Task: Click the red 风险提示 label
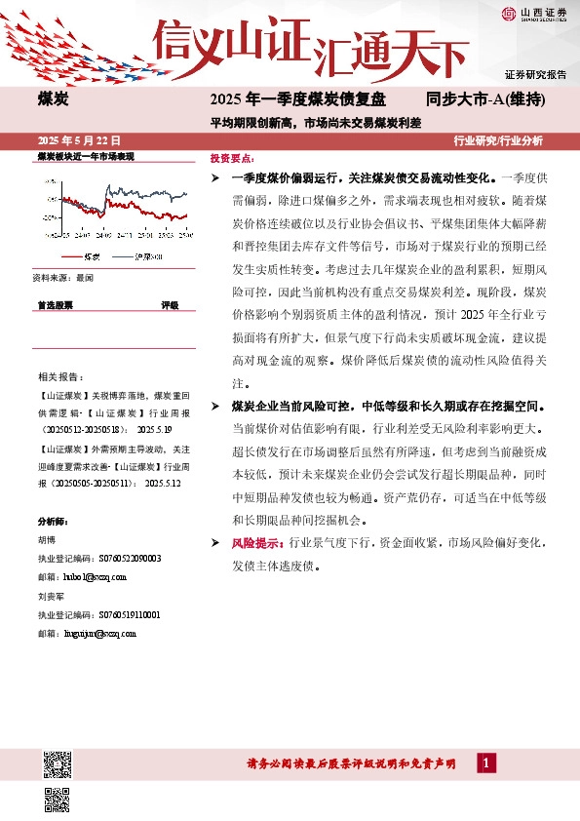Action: click(x=257, y=542)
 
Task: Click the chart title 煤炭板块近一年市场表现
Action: click(x=85, y=156)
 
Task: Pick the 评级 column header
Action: click(x=170, y=305)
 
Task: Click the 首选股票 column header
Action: click(x=56, y=305)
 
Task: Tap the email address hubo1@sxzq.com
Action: click(x=93, y=577)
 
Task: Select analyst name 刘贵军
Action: click(x=52, y=596)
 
